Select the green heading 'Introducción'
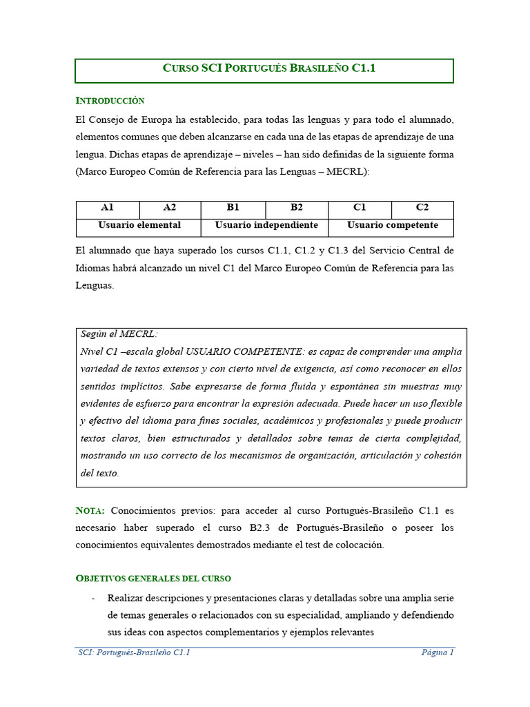[110, 101]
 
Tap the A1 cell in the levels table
[107, 208]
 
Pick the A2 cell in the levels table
[170, 208]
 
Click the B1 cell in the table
[233, 208]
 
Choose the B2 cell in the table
[297, 208]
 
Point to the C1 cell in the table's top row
[360, 208]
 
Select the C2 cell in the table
[422, 208]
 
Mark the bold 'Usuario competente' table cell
[392, 225]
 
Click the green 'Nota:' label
[90, 511]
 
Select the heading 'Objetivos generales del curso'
[153, 578]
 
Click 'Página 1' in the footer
[438, 652]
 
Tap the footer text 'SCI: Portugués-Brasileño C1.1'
[134, 652]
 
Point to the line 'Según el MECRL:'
[119, 334]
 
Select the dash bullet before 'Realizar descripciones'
[93, 597]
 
